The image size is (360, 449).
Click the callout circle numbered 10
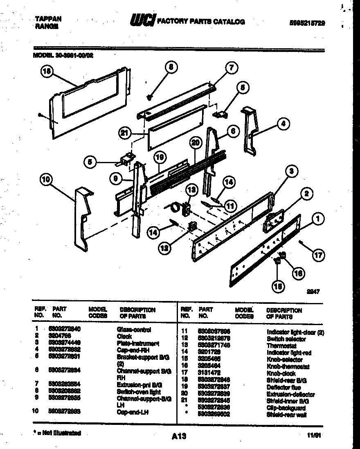pos(47,179)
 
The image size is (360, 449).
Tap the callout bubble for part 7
pos(232,68)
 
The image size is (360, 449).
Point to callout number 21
pos(125,132)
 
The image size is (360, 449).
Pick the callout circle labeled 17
pos(318,256)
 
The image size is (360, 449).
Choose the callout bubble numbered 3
pos(291,171)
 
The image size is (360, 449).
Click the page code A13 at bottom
pos(178,436)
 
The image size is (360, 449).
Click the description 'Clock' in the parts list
pos(124,336)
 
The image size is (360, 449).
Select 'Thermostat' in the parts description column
pos(281,346)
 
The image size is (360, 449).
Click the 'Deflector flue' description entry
pos(283,387)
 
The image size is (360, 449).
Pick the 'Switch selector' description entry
pos(286,339)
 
